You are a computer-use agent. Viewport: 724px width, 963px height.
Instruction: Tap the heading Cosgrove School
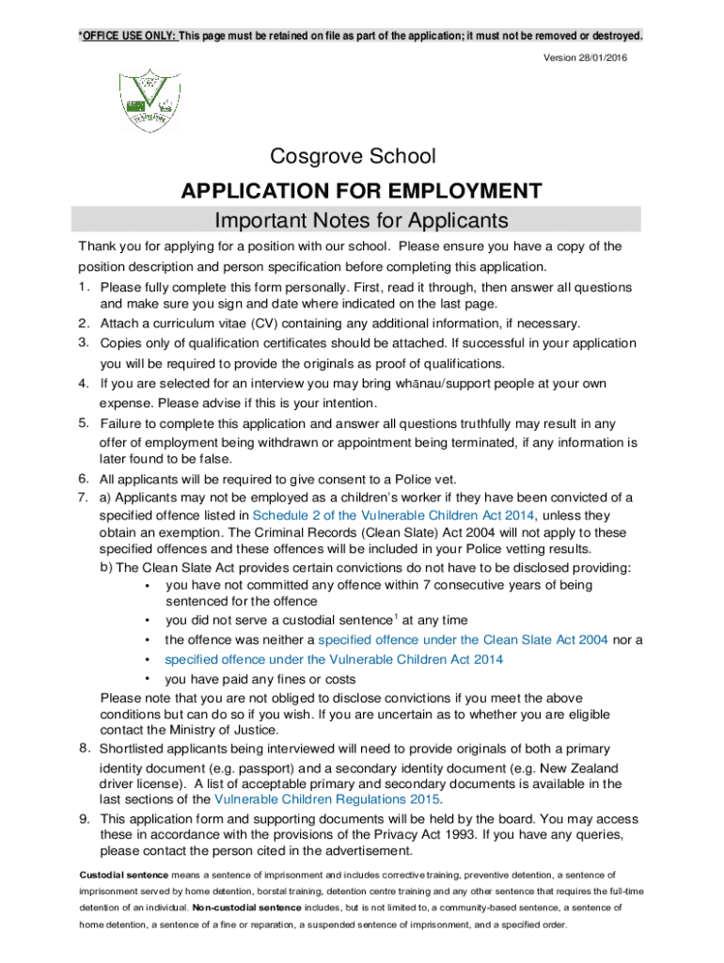(x=354, y=156)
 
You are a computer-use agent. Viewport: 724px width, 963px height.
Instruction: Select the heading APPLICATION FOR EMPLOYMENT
(x=361, y=191)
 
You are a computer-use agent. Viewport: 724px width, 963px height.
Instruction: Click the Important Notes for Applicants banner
(x=361, y=221)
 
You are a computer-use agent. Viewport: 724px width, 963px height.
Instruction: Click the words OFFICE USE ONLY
(x=128, y=37)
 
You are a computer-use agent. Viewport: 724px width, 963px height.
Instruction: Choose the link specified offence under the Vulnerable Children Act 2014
(x=334, y=659)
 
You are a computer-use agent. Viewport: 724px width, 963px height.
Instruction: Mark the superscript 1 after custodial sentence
(x=396, y=617)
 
